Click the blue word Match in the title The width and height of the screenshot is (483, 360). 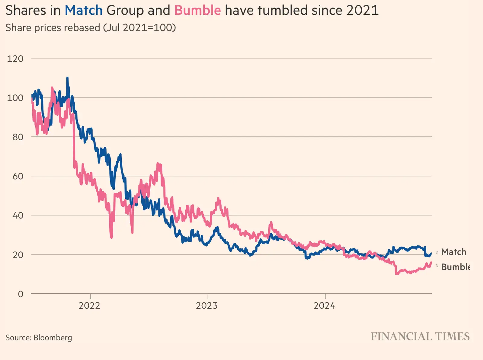click(84, 10)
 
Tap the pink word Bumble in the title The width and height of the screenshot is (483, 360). click(197, 10)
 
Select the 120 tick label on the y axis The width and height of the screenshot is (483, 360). click(15, 59)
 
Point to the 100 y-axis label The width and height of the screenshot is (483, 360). click(15, 98)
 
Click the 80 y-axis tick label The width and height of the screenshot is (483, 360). click(18, 137)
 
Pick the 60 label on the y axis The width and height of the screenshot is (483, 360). click(18, 176)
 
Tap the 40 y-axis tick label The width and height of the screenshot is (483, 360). click(18, 215)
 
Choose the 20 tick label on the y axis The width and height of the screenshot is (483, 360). click(18, 255)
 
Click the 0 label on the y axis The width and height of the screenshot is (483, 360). click(21, 294)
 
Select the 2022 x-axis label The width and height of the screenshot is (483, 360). click(89, 306)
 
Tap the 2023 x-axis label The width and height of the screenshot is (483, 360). click(207, 306)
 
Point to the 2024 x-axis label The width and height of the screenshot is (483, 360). click(325, 306)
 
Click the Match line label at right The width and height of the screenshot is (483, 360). click(453, 252)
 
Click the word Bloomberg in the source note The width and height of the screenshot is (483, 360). click(53, 337)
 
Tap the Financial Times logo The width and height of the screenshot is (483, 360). click(420, 336)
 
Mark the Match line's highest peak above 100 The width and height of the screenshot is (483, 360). click(67, 78)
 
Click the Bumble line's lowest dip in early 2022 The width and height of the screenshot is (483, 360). click(111, 237)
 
